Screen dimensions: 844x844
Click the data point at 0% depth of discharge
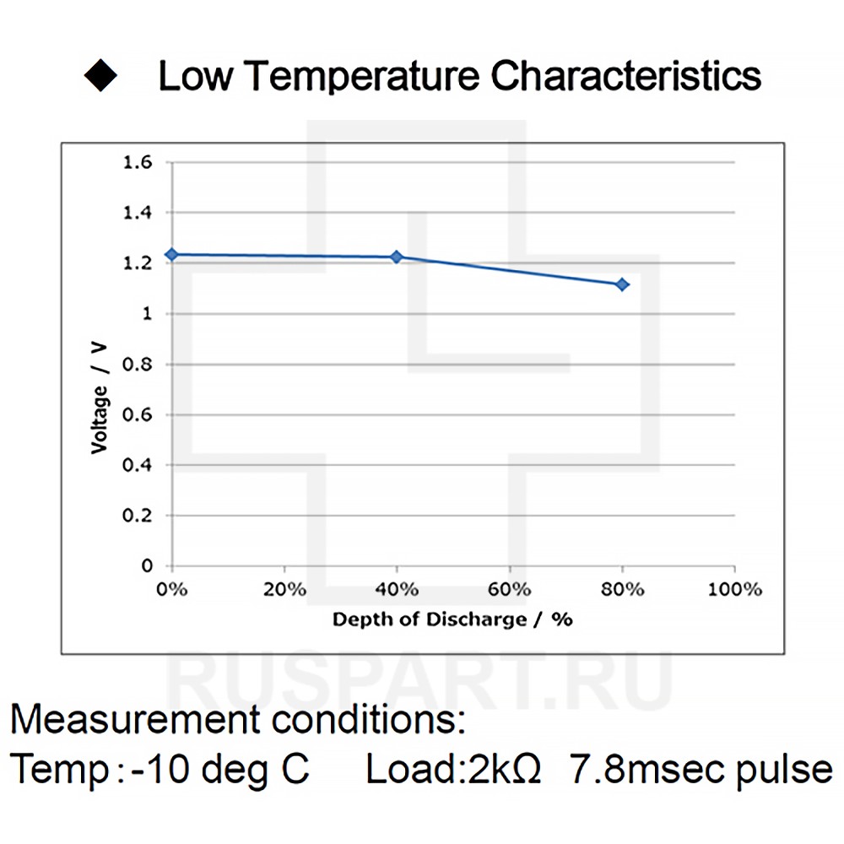coord(172,254)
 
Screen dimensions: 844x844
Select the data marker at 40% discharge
coord(397,257)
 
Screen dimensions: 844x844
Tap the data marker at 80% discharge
coord(622,284)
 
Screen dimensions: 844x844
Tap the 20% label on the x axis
coord(284,589)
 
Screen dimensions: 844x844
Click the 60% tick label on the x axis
coord(509,589)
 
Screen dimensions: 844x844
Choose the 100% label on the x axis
coord(734,589)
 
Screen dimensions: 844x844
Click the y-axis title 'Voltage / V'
coord(100,396)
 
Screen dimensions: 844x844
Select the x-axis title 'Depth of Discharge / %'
coord(452,619)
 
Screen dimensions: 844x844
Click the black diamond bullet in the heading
coord(100,75)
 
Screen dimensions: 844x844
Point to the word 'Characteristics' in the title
coord(626,76)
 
